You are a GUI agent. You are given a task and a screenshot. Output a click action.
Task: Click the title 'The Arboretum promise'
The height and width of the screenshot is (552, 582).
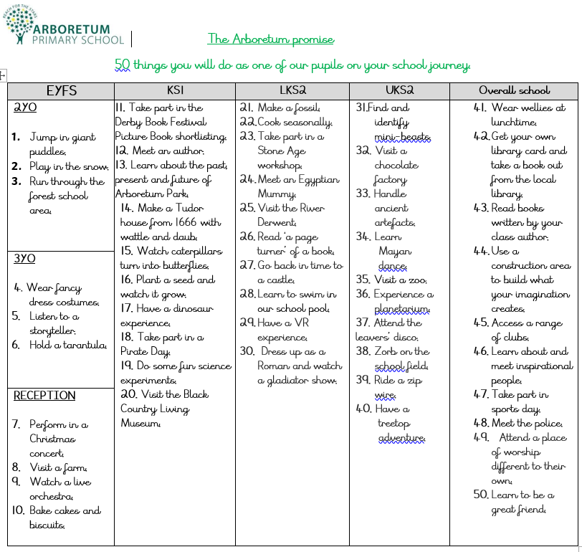coord(270,39)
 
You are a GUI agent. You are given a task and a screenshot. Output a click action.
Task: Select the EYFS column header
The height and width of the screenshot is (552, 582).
coord(61,91)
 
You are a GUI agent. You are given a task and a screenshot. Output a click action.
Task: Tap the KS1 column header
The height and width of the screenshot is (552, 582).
coord(175,91)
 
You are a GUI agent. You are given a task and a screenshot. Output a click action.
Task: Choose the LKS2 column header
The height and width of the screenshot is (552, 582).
coord(292,91)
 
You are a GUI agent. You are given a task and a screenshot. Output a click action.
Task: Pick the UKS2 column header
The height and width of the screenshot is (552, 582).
coord(399,91)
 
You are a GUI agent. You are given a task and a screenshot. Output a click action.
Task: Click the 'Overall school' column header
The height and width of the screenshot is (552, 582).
coord(514,91)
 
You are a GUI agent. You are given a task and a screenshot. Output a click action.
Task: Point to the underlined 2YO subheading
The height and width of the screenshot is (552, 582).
coord(25,108)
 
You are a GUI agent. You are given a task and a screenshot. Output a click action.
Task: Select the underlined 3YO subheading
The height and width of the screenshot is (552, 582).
coord(24,259)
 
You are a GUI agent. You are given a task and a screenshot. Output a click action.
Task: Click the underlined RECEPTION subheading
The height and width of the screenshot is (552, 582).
coord(44,396)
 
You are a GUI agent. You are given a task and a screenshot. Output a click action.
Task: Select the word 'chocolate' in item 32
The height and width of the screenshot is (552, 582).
coord(396,166)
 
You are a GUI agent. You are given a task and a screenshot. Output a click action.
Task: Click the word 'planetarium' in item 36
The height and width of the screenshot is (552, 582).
coord(401,309)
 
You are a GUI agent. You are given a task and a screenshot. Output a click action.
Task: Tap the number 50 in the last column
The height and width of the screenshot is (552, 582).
coord(480,495)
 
